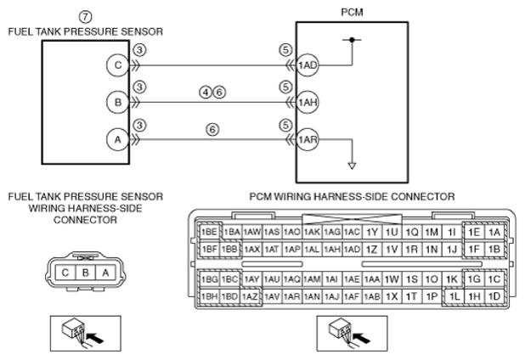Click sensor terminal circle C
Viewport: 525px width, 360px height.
(118, 65)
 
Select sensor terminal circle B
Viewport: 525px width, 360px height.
(118, 102)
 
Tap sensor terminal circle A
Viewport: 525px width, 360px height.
(118, 139)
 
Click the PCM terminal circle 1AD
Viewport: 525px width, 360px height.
(308, 65)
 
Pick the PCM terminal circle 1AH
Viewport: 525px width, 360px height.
(308, 102)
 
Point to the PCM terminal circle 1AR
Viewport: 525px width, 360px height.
(308, 139)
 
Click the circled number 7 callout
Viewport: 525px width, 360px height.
(86, 17)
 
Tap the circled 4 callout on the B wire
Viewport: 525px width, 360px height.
(206, 92)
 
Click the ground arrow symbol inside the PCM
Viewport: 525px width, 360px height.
(352, 166)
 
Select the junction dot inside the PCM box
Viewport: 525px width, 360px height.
(352, 40)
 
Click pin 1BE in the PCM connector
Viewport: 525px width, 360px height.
(209, 232)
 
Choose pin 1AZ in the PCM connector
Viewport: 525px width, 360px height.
(250, 296)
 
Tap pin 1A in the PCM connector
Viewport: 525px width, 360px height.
(494, 232)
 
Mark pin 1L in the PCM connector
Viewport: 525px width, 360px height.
(454, 296)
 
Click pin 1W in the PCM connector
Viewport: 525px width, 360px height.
(392, 279)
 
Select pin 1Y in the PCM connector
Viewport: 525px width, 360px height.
(371, 232)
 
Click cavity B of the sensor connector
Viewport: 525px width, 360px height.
(86, 273)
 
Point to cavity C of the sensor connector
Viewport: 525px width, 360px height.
(65, 273)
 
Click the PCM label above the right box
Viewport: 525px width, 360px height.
(352, 12)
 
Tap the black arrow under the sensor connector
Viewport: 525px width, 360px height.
(95, 338)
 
